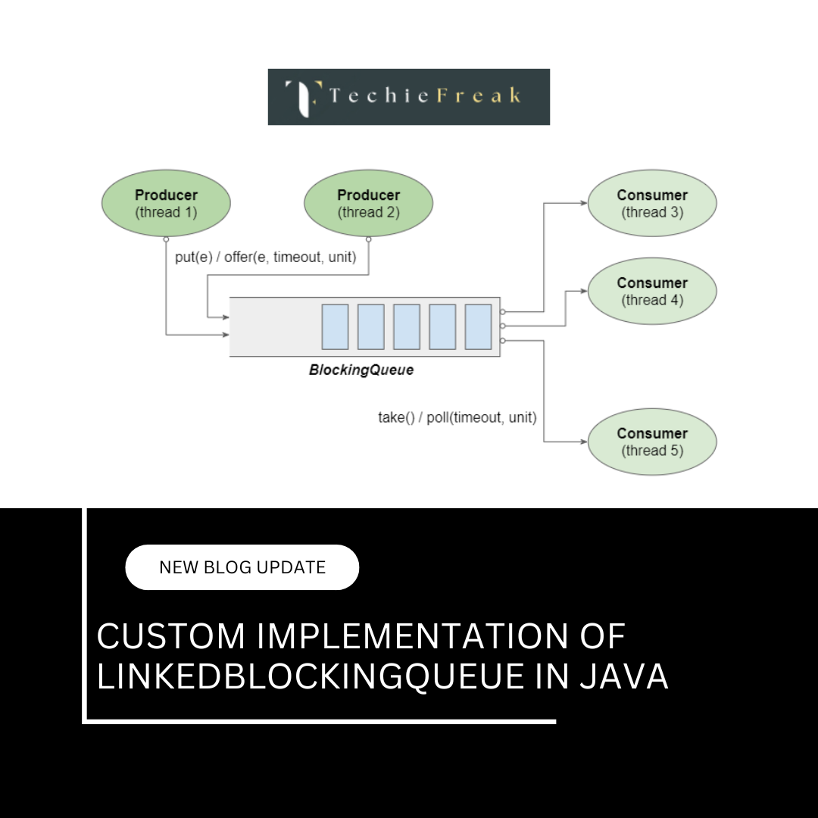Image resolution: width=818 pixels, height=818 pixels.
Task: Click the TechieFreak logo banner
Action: point(408,97)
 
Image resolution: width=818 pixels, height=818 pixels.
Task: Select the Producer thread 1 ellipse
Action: point(166,203)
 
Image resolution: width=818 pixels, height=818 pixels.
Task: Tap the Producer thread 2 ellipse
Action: point(368,203)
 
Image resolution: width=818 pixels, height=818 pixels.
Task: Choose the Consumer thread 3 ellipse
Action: point(652,203)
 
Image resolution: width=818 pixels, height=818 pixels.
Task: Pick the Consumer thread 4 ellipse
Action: point(652,291)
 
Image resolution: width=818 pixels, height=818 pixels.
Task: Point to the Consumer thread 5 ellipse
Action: point(652,442)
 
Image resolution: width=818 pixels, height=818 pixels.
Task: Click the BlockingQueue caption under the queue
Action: point(361,370)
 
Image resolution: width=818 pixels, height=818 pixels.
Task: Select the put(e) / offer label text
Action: point(265,257)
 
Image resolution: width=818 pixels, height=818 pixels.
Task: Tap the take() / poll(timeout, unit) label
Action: point(457,417)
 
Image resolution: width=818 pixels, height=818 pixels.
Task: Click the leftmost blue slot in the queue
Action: point(335,326)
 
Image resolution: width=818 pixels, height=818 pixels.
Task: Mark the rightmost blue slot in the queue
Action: point(479,326)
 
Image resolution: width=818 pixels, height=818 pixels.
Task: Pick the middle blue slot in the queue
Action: point(407,326)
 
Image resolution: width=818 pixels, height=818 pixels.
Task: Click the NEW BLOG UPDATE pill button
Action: point(242,567)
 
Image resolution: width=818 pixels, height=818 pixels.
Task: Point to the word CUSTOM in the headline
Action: point(171,637)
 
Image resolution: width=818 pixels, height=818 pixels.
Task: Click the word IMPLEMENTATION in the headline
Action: point(413,637)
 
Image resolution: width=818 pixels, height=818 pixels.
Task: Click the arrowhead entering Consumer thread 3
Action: point(583,203)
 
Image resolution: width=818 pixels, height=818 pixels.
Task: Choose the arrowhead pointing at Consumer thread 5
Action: point(583,442)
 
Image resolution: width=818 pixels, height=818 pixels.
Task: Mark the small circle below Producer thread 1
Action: point(166,239)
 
